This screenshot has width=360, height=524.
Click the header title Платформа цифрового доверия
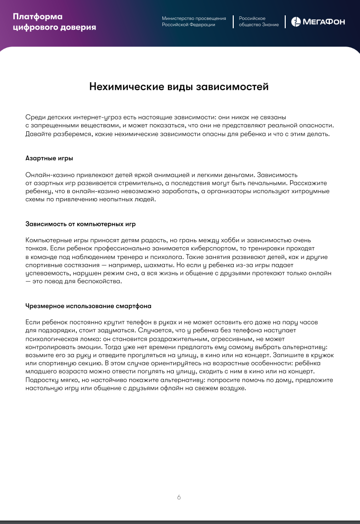(x=54, y=22)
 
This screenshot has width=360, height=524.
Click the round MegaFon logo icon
(x=295, y=21)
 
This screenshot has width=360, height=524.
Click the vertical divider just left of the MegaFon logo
(x=285, y=21)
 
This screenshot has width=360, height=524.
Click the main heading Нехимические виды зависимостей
(x=179, y=87)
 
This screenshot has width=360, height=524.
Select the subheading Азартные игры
(x=49, y=158)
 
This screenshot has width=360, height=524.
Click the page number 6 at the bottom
(x=179, y=497)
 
